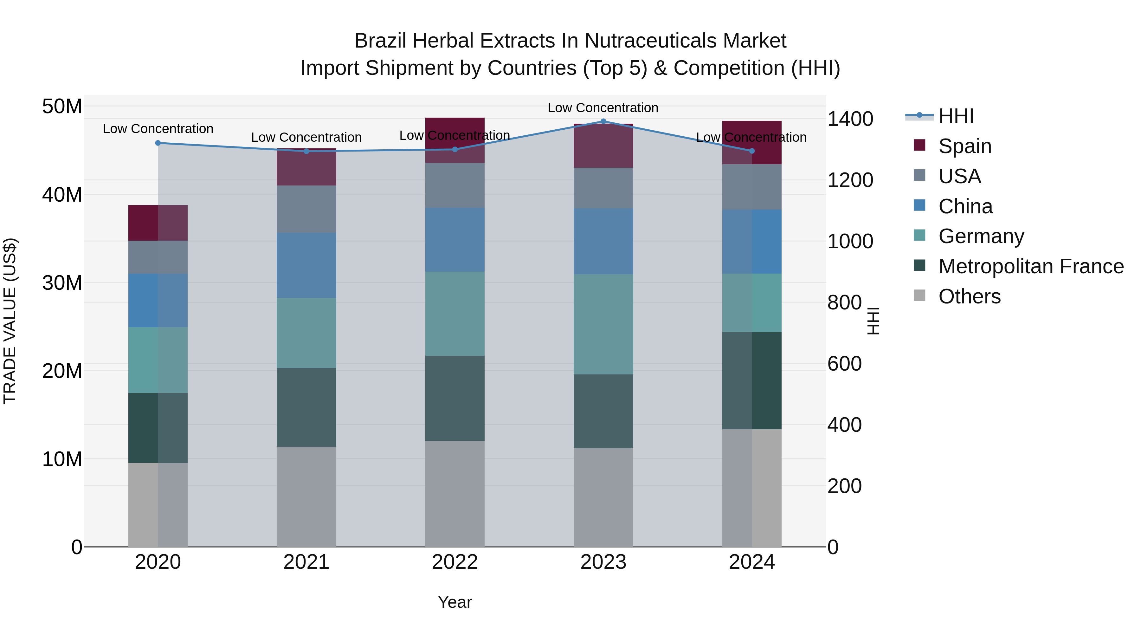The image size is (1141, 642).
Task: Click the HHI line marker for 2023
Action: pos(603,121)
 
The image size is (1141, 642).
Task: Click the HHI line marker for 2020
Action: pos(158,143)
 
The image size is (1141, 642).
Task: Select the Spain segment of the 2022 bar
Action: pos(455,140)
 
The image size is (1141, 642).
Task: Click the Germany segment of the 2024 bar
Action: pos(752,303)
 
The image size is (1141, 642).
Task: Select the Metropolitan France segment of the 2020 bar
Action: pos(158,428)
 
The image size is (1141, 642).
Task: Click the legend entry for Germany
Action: pos(981,236)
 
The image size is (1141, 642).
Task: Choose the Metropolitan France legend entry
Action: pos(1030,266)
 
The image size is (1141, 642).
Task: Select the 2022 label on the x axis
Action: pos(455,562)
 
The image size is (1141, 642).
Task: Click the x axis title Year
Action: pos(455,602)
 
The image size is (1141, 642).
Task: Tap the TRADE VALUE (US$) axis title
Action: pos(10,321)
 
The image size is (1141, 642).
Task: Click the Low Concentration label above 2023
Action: pos(603,108)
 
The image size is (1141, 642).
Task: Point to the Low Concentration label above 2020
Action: pos(158,129)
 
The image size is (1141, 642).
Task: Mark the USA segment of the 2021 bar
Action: pos(306,209)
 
